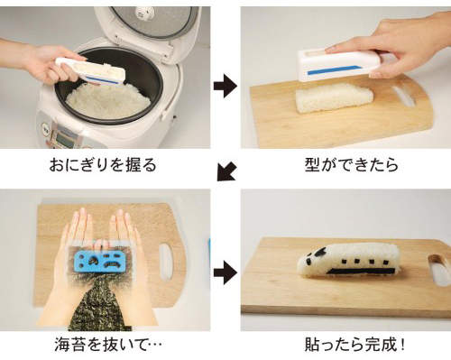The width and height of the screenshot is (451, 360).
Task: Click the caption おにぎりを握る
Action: [103, 165]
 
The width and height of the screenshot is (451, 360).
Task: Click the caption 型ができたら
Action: [352, 165]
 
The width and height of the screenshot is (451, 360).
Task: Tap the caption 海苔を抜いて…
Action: [108, 345]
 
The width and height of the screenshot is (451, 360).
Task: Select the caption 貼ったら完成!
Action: [354, 345]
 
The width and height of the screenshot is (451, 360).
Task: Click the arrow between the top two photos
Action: [225, 86]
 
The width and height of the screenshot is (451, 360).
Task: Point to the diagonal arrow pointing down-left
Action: [226, 171]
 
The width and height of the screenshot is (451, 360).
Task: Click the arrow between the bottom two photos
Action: [225, 272]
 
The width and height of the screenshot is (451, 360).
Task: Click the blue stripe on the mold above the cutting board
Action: [334, 69]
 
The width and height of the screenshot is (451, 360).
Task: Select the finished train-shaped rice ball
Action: [348, 261]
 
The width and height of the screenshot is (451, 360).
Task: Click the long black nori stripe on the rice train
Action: [361, 271]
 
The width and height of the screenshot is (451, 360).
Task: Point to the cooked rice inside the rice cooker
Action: [108, 100]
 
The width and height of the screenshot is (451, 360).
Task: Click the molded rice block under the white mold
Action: [334, 97]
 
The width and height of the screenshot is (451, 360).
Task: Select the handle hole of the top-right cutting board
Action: [404, 97]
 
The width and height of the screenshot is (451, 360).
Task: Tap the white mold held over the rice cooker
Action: [90, 71]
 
